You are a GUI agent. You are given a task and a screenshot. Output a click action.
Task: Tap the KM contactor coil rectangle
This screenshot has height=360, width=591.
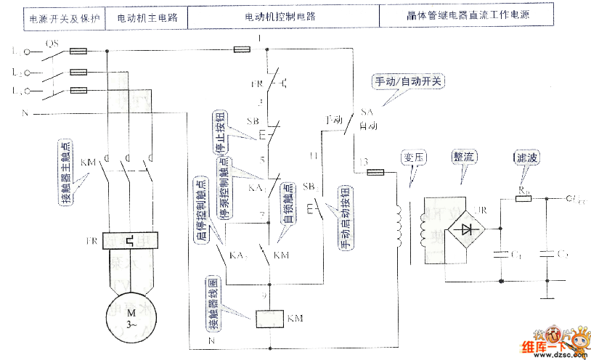coord(269,319)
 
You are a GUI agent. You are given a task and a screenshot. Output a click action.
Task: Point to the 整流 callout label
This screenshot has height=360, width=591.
coord(464,156)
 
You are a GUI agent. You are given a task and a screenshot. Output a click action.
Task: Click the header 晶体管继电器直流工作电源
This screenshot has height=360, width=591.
coord(465,16)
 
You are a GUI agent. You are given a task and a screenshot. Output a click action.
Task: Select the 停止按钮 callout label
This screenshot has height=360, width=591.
coord(217,132)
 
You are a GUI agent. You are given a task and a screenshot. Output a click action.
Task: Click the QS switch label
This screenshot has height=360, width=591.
coord(52,44)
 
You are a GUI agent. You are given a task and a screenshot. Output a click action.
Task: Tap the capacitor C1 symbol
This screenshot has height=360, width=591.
coord(501,254)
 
